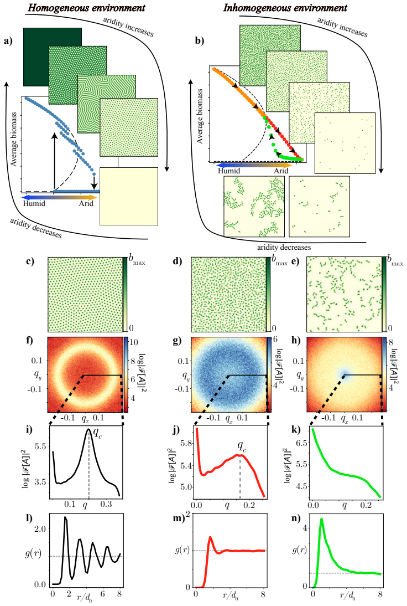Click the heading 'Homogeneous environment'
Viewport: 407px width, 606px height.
coord(87,7)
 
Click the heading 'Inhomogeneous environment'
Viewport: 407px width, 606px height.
coord(285,7)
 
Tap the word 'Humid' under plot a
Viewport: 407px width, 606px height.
coord(34,203)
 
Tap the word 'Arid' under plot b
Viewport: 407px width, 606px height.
coord(281,171)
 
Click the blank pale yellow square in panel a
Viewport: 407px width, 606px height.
coord(129,196)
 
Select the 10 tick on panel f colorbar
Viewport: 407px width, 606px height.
coord(133,342)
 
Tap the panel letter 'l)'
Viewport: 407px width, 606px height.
coord(29,518)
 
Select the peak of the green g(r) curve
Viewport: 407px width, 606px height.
coord(321,520)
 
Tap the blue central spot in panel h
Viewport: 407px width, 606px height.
coord(345,374)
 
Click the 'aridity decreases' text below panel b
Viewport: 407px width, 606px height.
coord(284,248)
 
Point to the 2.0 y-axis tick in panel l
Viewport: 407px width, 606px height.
coord(40,528)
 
